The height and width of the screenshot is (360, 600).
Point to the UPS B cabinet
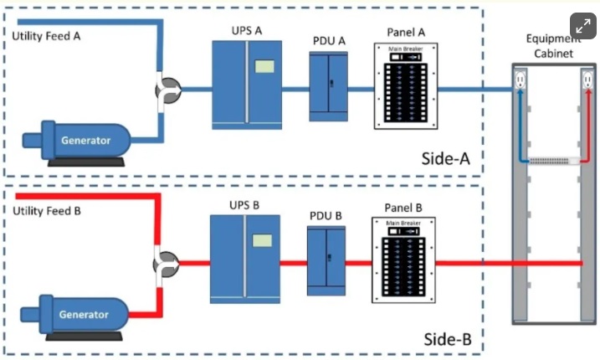click(244, 259)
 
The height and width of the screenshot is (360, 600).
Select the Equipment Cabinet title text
click(553, 46)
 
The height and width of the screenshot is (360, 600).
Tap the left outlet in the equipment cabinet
click(520, 81)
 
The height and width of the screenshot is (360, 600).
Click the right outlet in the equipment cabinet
click(585, 81)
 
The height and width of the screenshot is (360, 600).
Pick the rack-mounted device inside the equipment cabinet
click(551, 159)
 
